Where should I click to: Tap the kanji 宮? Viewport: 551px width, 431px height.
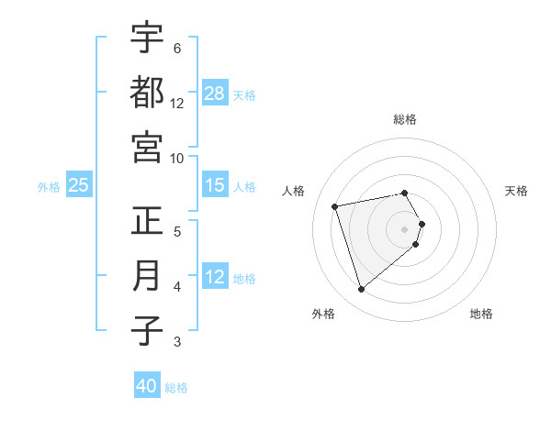[x=147, y=147]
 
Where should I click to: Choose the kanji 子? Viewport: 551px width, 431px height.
[x=147, y=331]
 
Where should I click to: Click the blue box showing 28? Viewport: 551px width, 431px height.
[x=215, y=94]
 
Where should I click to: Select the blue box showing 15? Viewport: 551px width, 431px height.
[x=215, y=185]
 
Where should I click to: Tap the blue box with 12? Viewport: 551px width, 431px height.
[x=215, y=277]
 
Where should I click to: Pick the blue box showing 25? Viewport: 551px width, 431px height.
[x=79, y=185]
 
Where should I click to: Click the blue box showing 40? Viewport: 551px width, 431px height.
[x=147, y=386]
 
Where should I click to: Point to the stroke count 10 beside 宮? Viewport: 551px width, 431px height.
[x=177, y=158]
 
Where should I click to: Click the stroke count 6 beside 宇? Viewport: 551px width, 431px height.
[x=176, y=48]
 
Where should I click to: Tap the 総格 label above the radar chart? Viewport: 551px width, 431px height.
[x=405, y=119]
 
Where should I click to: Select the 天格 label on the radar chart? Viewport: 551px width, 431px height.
[x=517, y=191]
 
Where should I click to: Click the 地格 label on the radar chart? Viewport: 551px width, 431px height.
[x=481, y=314]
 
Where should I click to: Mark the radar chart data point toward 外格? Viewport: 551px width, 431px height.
[x=361, y=290]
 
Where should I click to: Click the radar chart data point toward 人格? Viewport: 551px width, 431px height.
[x=335, y=205]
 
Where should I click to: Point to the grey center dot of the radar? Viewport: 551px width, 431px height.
[x=405, y=228]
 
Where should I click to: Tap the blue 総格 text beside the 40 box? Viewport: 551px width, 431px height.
[x=176, y=387]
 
